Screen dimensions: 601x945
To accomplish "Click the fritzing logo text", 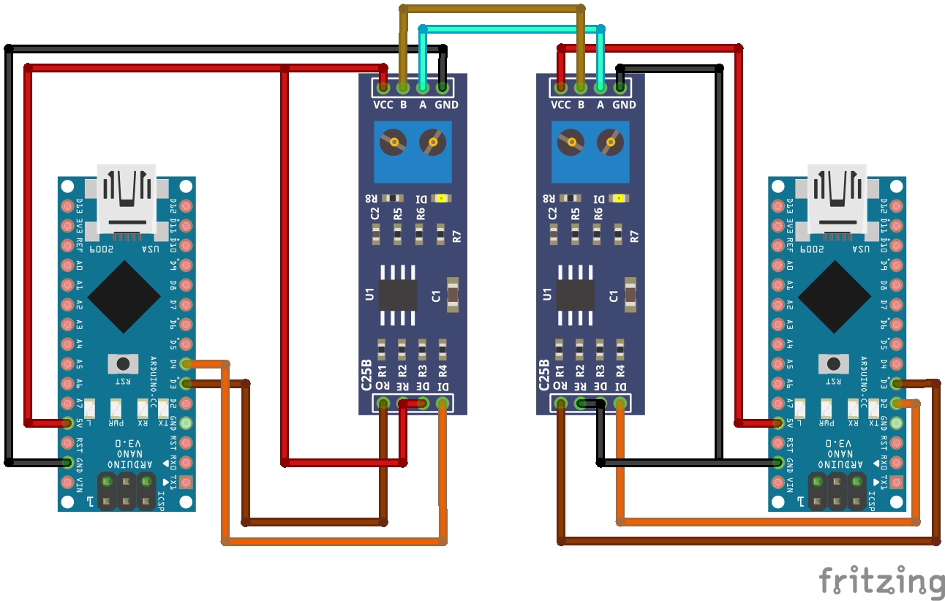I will (x=881, y=581).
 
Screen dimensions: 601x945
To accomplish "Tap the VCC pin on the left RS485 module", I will (x=383, y=88).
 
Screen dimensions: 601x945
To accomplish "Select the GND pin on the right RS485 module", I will (x=620, y=88).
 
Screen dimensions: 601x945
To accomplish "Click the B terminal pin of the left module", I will (x=402, y=88).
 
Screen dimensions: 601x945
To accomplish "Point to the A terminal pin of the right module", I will (x=600, y=88).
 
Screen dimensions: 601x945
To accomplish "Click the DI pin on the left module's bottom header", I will (x=442, y=402).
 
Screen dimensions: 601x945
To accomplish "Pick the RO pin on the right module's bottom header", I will (x=560, y=402).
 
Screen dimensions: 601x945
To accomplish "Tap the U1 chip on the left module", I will (x=398, y=295).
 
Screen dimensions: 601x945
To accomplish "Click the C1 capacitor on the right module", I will (x=630, y=295).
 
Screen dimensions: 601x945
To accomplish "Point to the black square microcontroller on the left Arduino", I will (x=124, y=295).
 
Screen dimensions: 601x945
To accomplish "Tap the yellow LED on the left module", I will (x=441, y=197).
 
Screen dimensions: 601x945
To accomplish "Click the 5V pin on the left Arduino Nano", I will (x=68, y=423).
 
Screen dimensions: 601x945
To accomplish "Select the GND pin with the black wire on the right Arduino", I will (x=778, y=462).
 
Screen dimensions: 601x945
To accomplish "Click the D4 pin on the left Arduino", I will (x=186, y=363).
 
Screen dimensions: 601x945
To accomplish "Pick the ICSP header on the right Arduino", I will (x=837, y=491).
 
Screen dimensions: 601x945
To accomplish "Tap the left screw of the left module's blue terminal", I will (x=394, y=142).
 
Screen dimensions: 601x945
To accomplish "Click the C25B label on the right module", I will (x=543, y=375).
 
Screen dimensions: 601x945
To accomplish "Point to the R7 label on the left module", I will (x=457, y=236).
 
